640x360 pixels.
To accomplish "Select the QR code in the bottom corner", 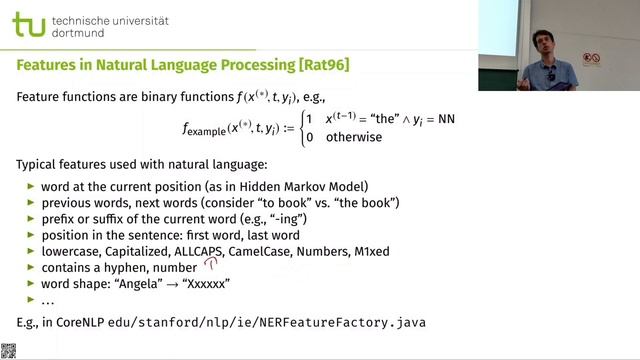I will click(x=8, y=351).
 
